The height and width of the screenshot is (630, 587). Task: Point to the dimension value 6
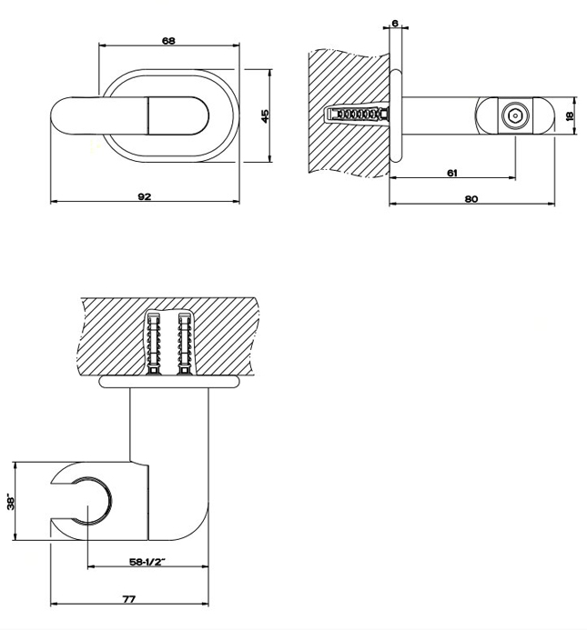[x=394, y=23]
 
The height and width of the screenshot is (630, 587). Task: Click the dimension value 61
[x=452, y=172]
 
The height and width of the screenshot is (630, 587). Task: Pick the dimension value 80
[x=471, y=197]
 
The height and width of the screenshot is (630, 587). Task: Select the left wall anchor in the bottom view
[x=154, y=344]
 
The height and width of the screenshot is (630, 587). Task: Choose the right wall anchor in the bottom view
[x=186, y=344]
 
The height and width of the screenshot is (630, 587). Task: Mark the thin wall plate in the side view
[x=395, y=116]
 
